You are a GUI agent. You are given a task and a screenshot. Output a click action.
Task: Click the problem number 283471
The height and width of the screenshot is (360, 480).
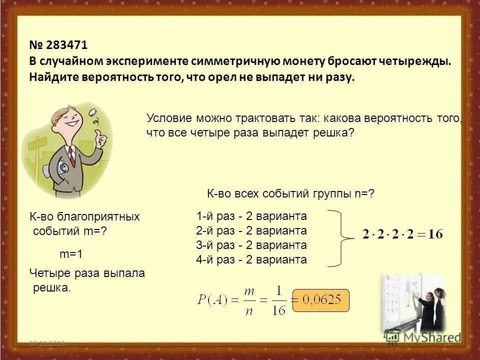[66, 45]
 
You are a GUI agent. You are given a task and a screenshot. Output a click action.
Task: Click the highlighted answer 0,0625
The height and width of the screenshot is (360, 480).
[320, 300]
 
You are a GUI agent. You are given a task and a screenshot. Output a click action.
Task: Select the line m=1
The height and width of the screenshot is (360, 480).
[71, 254]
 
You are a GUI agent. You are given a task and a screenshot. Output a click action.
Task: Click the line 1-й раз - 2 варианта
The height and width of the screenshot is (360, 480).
[251, 216]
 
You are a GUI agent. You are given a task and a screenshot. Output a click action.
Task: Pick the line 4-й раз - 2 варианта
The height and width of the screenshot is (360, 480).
[251, 260]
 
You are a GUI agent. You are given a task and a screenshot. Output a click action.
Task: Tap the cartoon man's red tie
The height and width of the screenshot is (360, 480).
[71, 155]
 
